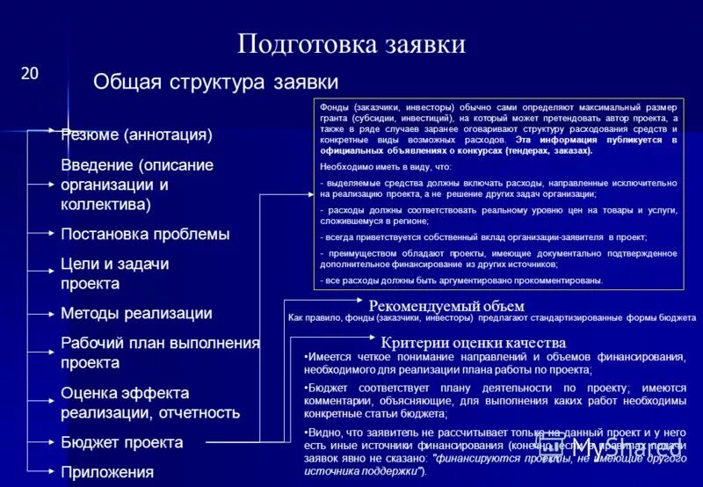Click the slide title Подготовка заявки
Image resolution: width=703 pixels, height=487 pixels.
coord(351,44)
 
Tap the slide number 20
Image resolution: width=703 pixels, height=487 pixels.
coord(30,74)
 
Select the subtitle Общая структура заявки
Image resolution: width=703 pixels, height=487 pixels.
coord(215,82)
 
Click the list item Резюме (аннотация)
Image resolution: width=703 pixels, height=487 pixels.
coord(136,135)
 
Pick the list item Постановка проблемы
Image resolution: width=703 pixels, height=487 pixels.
coord(145,234)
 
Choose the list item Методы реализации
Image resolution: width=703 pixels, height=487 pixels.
coord(136,313)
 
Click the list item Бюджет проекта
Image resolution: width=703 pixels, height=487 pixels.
coord(121,442)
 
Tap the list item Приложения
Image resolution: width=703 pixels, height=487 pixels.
coord(107,472)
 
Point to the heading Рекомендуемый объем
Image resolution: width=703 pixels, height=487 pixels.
coord(446,305)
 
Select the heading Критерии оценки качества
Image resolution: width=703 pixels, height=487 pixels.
coord(473,342)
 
